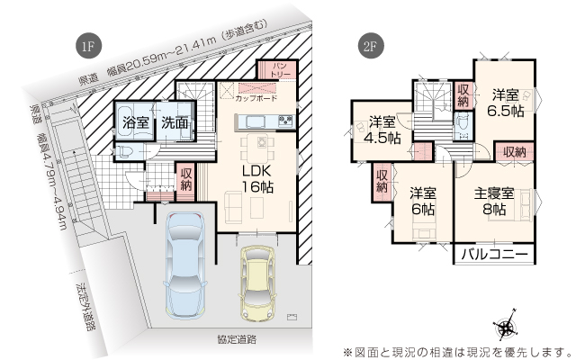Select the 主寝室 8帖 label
click(x=494, y=201)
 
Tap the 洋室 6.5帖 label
click(x=505, y=103)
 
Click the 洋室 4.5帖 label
click(x=382, y=131)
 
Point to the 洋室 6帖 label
click(x=423, y=200)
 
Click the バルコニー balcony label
click(x=495, y=255)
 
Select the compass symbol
click(x=506, y=328)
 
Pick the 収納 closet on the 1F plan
click(x=185, y=178)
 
